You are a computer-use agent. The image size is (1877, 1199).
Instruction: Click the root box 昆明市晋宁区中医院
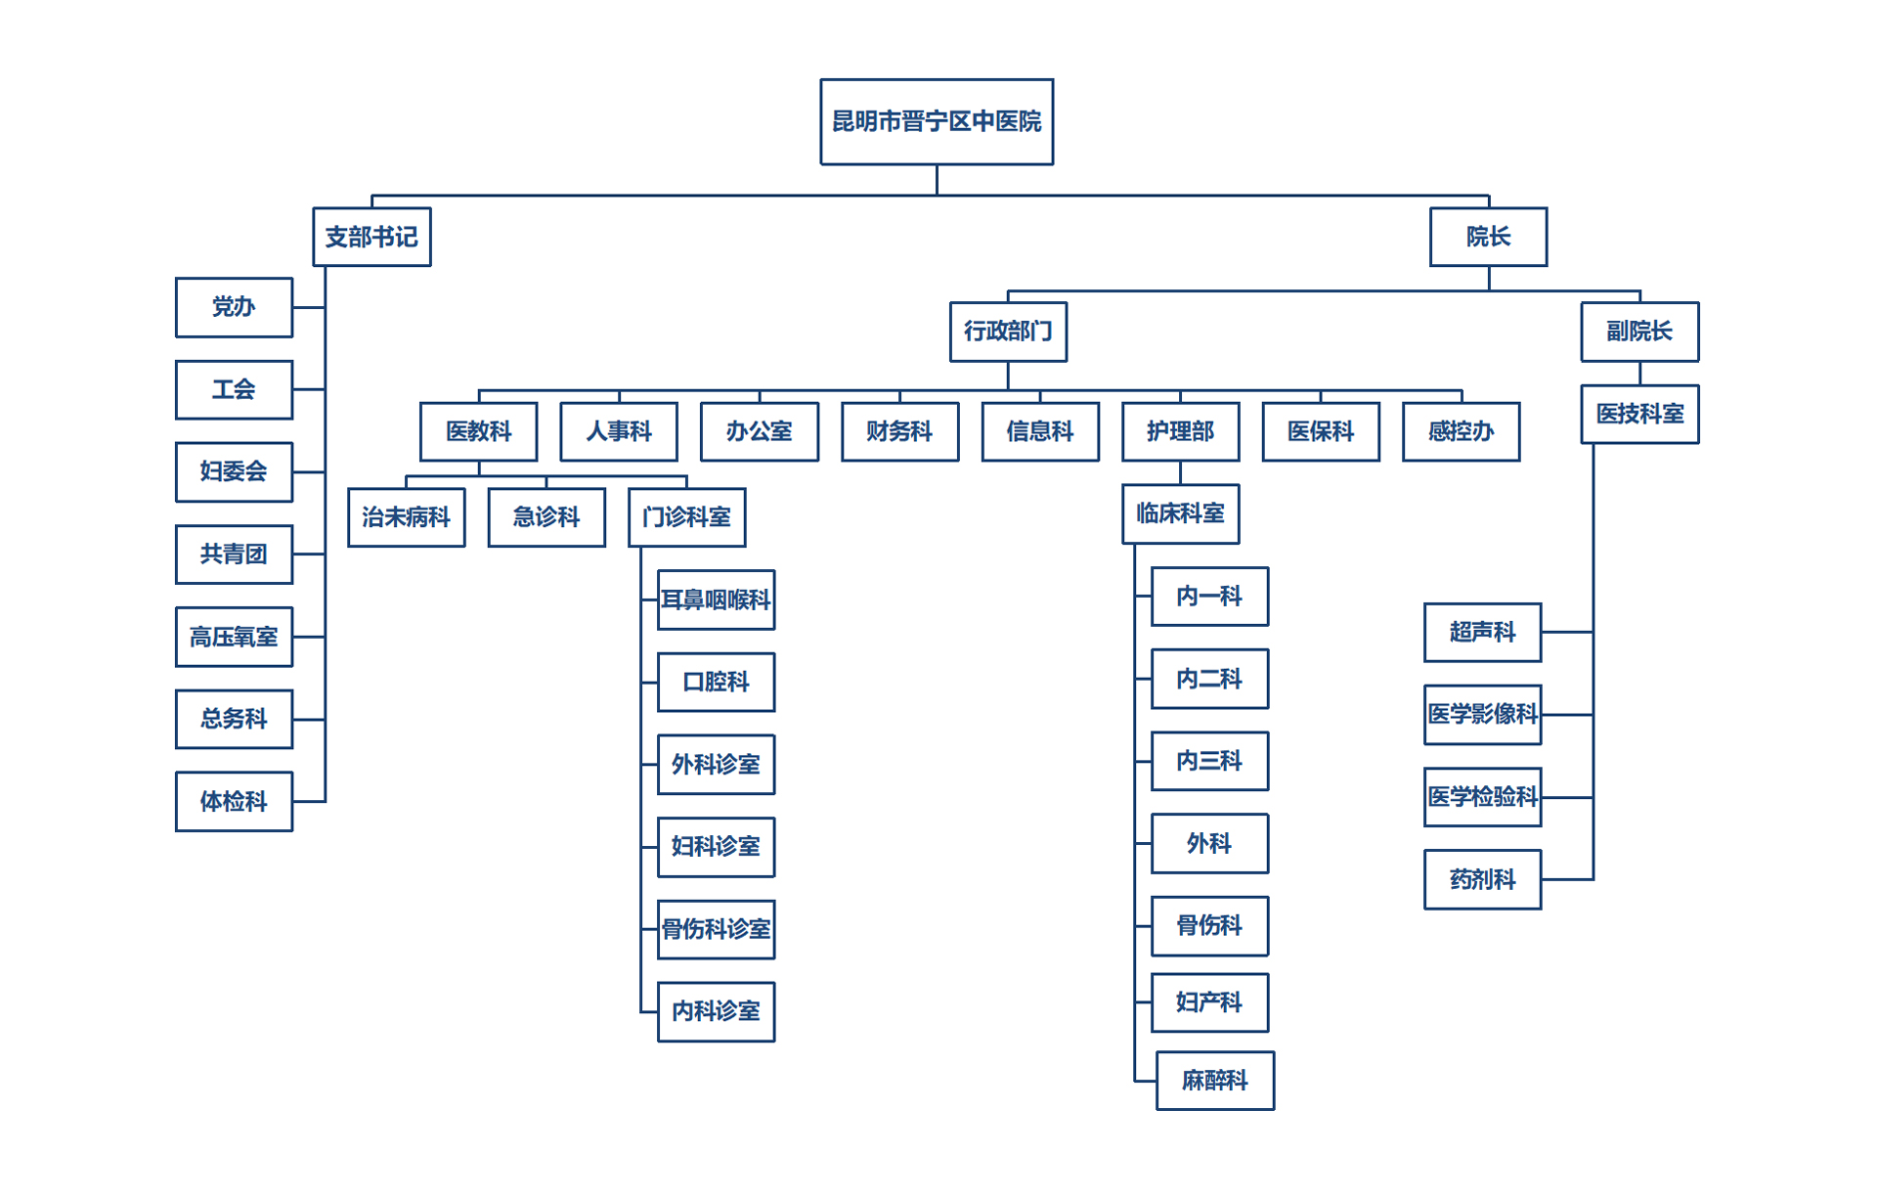point(937,121)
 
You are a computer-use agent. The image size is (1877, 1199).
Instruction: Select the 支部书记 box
point(371,237)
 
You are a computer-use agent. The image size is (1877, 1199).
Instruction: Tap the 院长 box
point(1488,237)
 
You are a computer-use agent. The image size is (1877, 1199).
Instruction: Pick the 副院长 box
point(1639,332)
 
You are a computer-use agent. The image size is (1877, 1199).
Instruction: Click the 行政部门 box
point(1008,332)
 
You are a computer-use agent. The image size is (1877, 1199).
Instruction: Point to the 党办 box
point(234,307)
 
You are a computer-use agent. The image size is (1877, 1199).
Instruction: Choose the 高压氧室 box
point(234,637)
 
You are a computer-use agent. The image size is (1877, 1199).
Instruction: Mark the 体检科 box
point(234,802)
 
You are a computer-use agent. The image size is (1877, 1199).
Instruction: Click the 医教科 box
point(478,431)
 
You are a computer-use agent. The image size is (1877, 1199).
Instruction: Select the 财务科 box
point(899,431)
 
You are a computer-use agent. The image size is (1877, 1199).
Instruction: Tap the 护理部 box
point(1180,431)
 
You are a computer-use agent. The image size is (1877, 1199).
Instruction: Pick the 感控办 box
point(1461,431)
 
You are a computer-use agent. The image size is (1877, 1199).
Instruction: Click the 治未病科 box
point(406,517)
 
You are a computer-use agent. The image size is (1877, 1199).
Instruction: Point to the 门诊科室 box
point(686,517)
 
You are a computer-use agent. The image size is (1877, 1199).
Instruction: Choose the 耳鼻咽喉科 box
point(716,599)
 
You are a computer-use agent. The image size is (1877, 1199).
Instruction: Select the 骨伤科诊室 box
point(716,929)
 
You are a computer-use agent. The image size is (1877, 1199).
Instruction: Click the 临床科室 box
point(1180,513)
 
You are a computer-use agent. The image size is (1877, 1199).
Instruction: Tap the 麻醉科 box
point(1214,1081)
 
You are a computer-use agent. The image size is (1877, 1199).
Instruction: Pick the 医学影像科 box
point(1482,715)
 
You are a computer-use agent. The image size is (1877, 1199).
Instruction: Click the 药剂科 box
point(1482,880)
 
